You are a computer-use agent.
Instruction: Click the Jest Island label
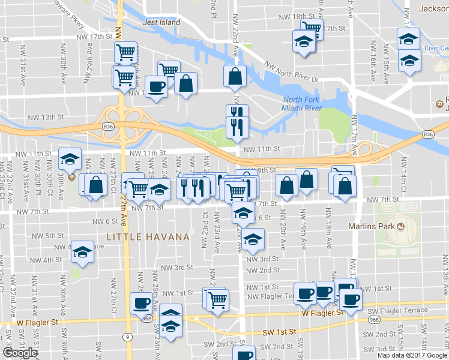(x=161, y=22)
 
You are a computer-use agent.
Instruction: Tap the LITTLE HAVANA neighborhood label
(x=148, y=237)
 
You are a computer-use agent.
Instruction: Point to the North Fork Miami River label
(x=302, y=103)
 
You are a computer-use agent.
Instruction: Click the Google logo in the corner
(x=20, y=353)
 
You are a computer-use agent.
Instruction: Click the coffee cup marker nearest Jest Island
(x=157, y=86)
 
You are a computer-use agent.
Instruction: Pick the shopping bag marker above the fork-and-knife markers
(x=234, y=76)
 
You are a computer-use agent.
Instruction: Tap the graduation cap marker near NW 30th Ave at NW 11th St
(x=70, y=160)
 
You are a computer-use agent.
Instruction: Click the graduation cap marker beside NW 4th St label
(x=82, y=252)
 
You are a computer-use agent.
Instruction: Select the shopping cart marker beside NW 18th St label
(x=312, y=28)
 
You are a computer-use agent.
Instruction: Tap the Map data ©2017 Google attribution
(x=412, y=355)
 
